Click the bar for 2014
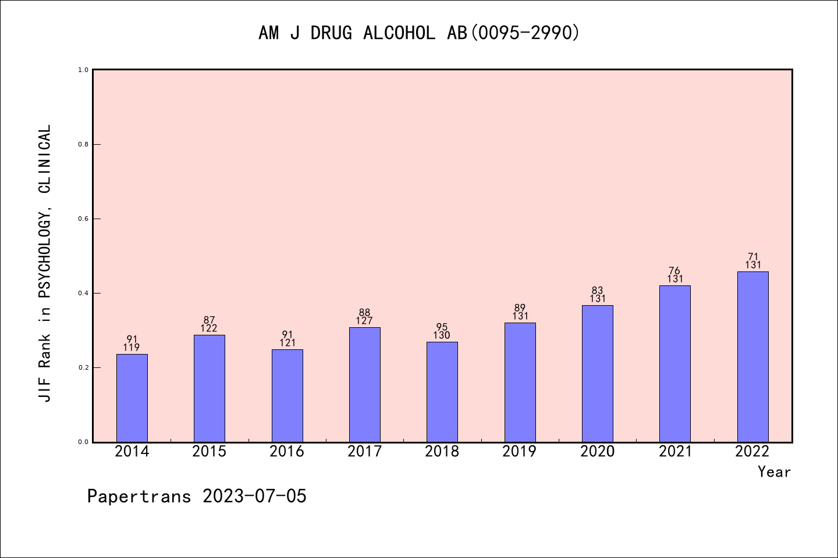[x=132, y=398]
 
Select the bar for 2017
[x=365, y=385]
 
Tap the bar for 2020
[x=598, y=374]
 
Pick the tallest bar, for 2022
[x=752, y=357]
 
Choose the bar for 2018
[x=442, y=392]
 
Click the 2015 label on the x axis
[x=210, y=452]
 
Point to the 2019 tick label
[x=520, y=452]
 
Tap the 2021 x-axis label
[x=675, y=452]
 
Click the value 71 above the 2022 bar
[x=753, y=257]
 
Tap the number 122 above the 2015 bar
[x=209, y=328]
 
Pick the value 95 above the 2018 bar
[x=442, y=327]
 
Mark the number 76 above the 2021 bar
[x=675, y=271]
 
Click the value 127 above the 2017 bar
[x=365, y=321]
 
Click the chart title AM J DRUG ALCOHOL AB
[x=419, y=33]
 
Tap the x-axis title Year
[x=774, y=472]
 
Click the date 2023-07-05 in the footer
[x=254, y=496]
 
